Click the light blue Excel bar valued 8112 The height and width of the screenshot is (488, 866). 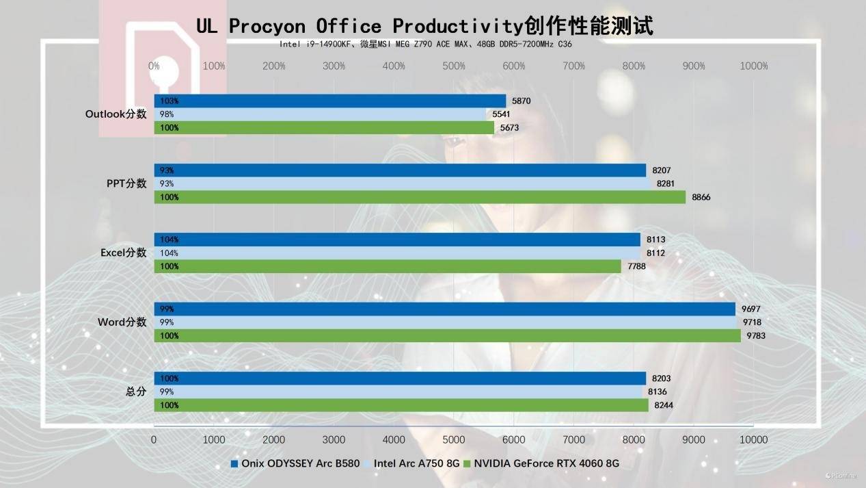[397, 253]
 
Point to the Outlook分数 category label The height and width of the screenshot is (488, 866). [116, 114]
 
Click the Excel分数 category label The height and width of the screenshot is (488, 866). [124, 253]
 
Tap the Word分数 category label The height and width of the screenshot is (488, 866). [122, 322]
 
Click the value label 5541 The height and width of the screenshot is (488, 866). [501, 114]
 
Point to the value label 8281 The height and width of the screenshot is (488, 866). [666, 183]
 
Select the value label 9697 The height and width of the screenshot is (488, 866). [752, 309]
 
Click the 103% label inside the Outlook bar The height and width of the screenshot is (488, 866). [170, 101]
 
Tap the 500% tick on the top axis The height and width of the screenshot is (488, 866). [454, 66]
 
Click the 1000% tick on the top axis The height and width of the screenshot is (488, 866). [754, 66]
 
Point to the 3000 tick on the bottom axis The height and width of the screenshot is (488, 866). [334, 439]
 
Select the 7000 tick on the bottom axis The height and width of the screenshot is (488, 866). [573, 439]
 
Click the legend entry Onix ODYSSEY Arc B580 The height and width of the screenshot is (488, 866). [295, 463]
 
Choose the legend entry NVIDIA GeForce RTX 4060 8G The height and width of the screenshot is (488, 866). [541, 463]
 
